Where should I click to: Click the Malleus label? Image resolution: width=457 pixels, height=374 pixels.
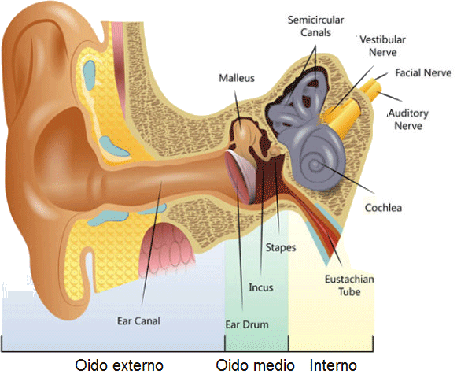(237, 78)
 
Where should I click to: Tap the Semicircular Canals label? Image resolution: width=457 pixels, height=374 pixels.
(315, 26)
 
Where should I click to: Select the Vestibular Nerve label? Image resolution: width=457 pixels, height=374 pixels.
(382, 46)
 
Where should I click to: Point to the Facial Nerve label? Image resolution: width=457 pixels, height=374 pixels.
(423, 72)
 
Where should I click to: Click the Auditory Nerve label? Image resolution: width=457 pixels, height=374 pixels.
(408, 120)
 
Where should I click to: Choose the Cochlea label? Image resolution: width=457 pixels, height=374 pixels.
(383, 208)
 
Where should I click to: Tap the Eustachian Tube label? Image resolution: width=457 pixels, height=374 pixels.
(349, 285)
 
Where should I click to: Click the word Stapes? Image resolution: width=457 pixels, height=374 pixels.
(281, 248)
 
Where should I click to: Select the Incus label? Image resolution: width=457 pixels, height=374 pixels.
(261, 287)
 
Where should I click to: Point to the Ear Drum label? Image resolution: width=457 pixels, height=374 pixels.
(247, 324)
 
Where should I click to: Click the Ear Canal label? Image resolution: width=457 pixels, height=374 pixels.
(138, 321)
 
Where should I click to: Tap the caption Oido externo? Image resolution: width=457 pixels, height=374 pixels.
(120, 365)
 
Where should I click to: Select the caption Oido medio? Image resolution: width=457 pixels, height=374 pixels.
(255, 365)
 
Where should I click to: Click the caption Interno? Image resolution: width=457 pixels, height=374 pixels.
(334, 365)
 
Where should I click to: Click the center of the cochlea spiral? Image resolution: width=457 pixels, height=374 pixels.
(315, 165)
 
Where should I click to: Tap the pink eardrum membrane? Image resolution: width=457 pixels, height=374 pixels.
(241, 176)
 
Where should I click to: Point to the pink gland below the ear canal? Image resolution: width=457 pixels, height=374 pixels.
(167, 248)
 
